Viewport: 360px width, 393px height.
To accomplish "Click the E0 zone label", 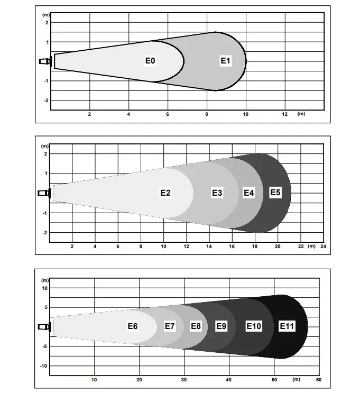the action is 150,61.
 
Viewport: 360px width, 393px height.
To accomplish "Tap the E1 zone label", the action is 225,61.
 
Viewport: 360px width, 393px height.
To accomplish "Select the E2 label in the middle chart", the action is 165,193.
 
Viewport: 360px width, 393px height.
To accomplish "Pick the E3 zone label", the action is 217,193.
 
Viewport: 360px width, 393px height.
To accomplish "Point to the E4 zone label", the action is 249,193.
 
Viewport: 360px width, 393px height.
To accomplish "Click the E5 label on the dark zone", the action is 275,192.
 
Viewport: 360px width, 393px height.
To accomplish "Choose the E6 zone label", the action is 133,326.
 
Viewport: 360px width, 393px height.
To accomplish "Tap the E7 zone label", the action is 170,326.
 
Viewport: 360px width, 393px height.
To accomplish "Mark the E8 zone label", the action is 196,326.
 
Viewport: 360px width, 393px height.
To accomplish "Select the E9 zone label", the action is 221,326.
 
